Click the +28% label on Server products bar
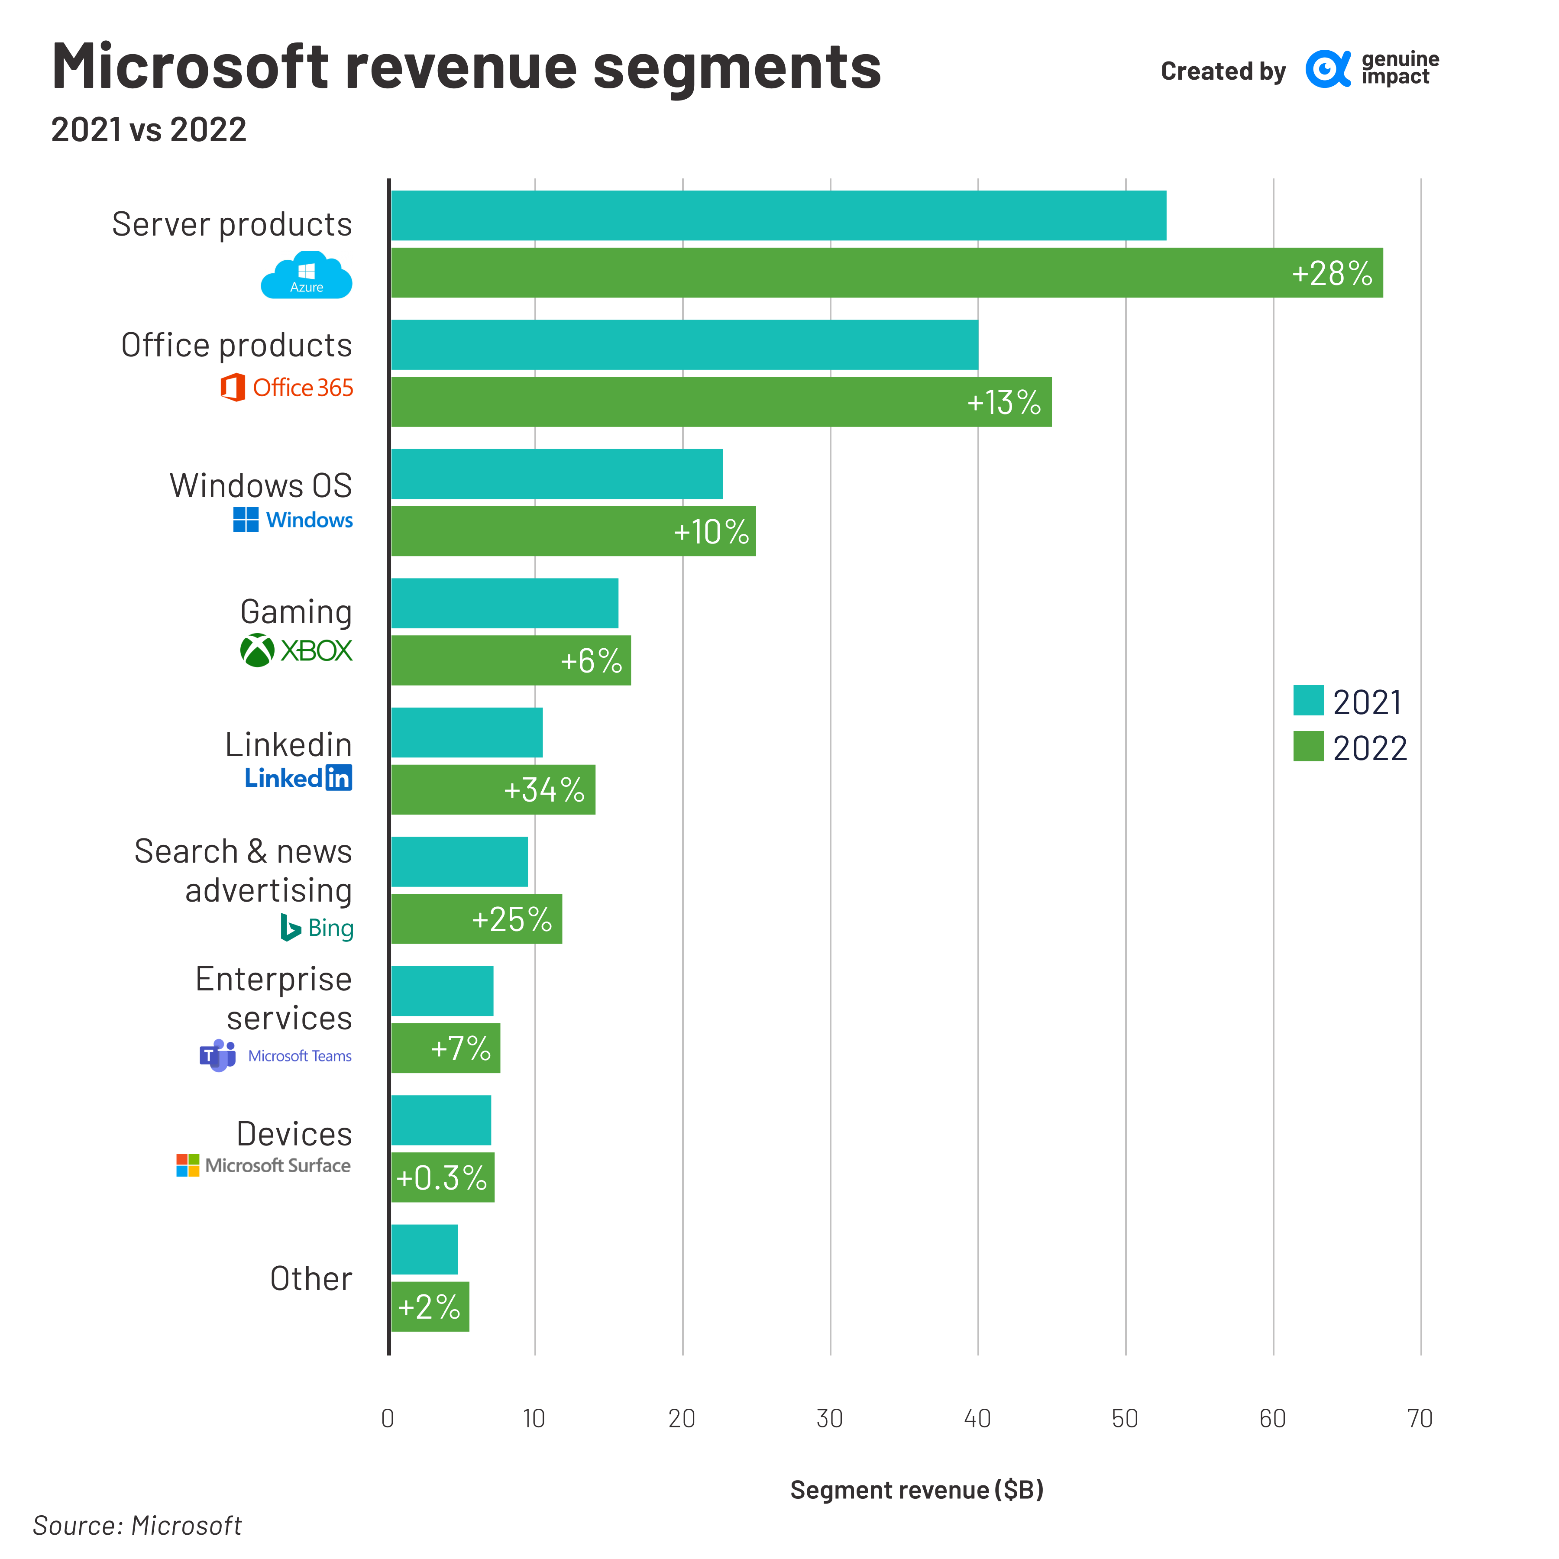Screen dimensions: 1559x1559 tap(1332, 274)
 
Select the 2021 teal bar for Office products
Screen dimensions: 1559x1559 tap(684, 345)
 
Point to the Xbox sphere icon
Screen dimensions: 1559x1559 tap(257, 650)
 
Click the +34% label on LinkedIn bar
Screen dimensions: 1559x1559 tap(544, 790)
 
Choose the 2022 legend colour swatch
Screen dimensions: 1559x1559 tap(1308, 747)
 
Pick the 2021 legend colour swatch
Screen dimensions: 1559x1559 tap(1308, 700)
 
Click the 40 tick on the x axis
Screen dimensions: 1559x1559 tap(977, 1419)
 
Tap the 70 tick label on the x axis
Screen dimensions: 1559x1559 tap(1420, 1419)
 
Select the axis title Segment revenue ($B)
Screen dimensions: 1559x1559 tap(917, 1490)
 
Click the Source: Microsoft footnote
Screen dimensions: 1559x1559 tap(137, 1525)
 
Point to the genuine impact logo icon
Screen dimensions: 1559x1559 tap(1327, 69)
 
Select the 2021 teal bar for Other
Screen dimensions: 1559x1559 tap(424, 1249)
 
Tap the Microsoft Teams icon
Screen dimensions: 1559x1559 tap(218, 1055)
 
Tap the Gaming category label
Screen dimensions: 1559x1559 tap(296, 611)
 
